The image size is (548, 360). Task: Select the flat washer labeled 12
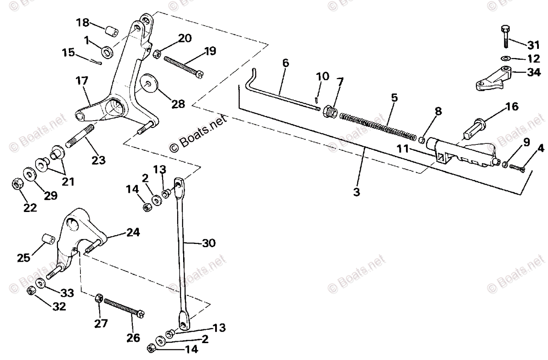(x=505, y=58)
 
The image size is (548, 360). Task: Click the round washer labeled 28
(x=149, y=85)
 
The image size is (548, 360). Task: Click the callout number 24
(x=133, y=233)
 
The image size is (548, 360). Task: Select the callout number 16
(x=512, y=107)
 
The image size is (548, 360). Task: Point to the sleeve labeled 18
(x=111, y=32)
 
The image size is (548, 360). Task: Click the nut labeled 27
(x=98, y=300)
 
